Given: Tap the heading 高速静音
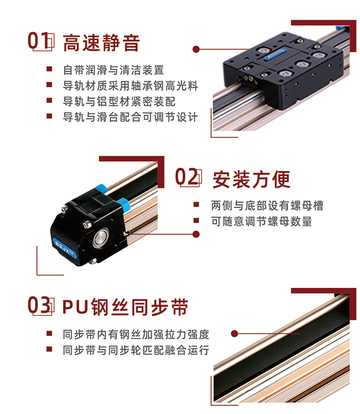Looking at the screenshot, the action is pos(101,43).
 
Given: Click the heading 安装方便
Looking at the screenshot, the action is pos(251,180).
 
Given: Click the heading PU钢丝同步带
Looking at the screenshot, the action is pos(125,307).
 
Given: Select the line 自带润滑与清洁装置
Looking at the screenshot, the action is pos(113,70).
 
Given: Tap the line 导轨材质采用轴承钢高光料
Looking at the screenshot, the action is pos(130,86).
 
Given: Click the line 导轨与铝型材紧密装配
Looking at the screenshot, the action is pos(119,101).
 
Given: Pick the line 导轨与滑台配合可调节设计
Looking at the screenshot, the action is pos(130,117).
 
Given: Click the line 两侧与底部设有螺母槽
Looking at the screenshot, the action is pos(267,206).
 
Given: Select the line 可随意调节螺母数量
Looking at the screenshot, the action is pos(261,221).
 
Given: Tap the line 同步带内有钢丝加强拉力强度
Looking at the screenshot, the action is pos(136,334).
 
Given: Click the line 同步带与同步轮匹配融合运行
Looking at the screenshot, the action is pos(136,350).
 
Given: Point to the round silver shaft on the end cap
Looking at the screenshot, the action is pos(101,237).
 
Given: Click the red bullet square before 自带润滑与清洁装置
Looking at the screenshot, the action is pos(49,69).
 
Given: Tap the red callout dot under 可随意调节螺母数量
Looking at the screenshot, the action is pos(196,234).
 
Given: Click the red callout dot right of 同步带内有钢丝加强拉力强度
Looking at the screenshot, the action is pos(234,334).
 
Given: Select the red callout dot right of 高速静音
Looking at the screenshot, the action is pos(196,49).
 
